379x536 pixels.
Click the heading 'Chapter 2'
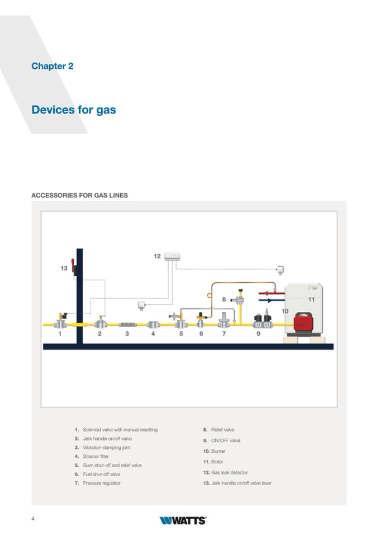click(x=52, y=66)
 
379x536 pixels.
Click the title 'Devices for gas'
click(x=73, y=110)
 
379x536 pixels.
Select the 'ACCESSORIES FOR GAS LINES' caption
click(x=79, y=196)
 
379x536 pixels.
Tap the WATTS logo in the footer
click(x=183, y=520)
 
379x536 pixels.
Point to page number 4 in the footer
click(x=33, y=519)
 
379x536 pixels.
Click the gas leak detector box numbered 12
click(x=172, y=257)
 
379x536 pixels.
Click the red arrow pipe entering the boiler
click(x=271, y=292)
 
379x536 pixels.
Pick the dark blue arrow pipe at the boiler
click(x=271, y=300)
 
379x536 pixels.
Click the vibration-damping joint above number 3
click(x=127, y=324)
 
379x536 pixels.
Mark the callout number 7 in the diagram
click(x=224, y=334)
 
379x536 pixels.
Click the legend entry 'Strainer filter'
click(x=96, y=457)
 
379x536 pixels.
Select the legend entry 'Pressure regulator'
click(x=101, y=483)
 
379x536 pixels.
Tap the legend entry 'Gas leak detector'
click(x=229, y=472)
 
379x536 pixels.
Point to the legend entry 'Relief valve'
click(x=222, y=430)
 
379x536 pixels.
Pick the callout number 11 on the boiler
click(x=311, y=300)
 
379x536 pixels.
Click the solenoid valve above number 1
click(x=60, y=322)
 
